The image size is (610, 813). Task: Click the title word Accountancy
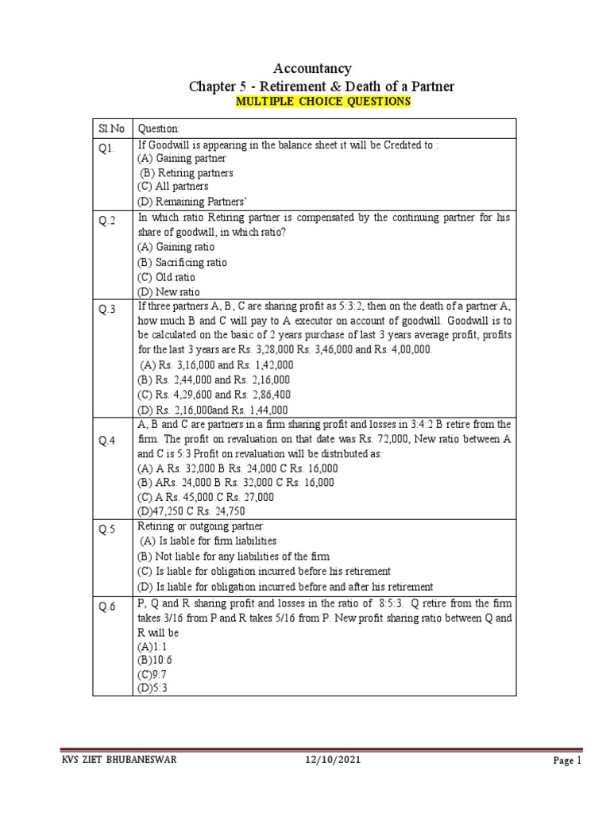tap(312, 69)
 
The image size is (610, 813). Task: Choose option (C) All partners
tap(173, 186)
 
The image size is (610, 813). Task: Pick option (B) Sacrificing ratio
tap(182, 262)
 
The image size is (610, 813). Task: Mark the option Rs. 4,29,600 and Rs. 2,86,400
tap(214, 394)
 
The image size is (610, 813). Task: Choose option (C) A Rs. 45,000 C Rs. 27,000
tap(206, 496)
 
